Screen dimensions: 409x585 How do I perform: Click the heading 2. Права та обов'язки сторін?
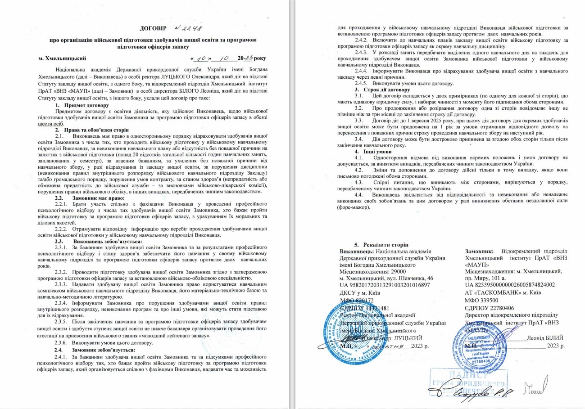91,130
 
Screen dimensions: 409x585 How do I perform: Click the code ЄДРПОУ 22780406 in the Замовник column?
492,308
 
